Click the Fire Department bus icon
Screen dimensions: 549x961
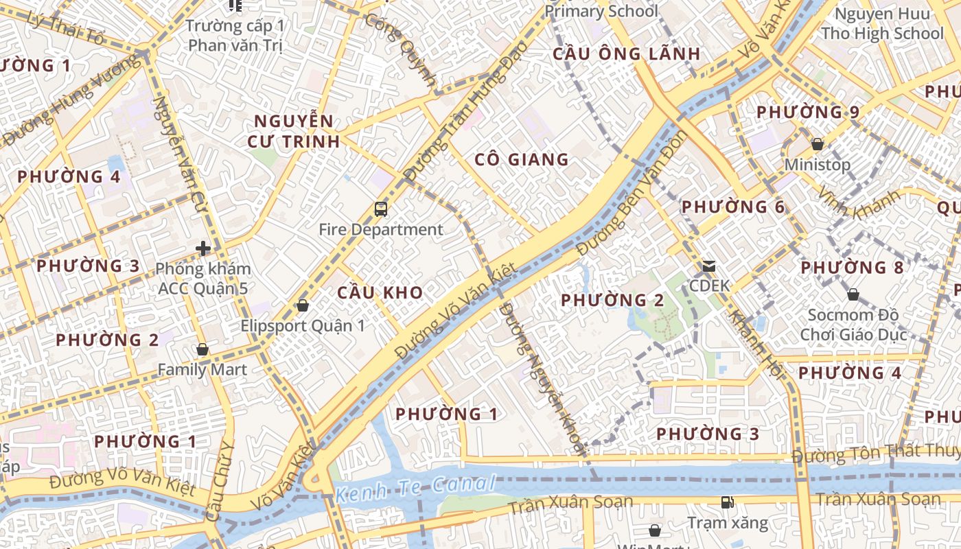coord(381,209)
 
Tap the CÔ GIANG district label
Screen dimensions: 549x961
coord(522,160)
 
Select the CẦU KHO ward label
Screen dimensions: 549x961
coord(380,292)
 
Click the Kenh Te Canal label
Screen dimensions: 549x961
coord(415,488)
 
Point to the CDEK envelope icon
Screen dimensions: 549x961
coord(708,266)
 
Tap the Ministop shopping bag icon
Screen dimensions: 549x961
coord(817,144)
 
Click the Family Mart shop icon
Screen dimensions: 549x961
coord(202,349)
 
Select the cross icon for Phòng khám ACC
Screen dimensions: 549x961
coord(202,248)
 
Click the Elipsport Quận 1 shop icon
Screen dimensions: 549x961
coord(302,305)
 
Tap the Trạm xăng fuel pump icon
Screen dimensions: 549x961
coord(727,502)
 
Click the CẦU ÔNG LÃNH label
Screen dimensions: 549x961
coord(627,54)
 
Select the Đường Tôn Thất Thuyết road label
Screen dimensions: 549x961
coord(875,453)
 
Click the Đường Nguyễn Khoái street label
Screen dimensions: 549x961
coord(542,377)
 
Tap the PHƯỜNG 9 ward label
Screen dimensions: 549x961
coord(807,112)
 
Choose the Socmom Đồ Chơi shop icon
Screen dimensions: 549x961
coord(853,294)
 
